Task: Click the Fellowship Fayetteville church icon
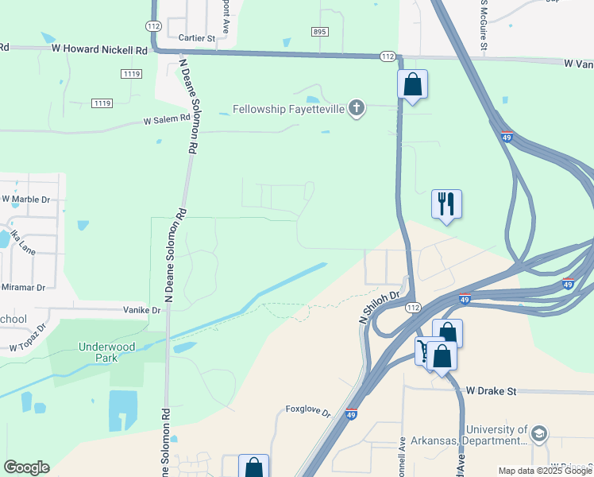357,109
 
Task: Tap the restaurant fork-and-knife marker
446,203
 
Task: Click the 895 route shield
319,31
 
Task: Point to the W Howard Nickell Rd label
99,49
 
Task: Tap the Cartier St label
197,37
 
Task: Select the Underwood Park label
107,352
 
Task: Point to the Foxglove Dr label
307,412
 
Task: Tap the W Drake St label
491,391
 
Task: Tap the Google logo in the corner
26,467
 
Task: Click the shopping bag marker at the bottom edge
253,467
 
